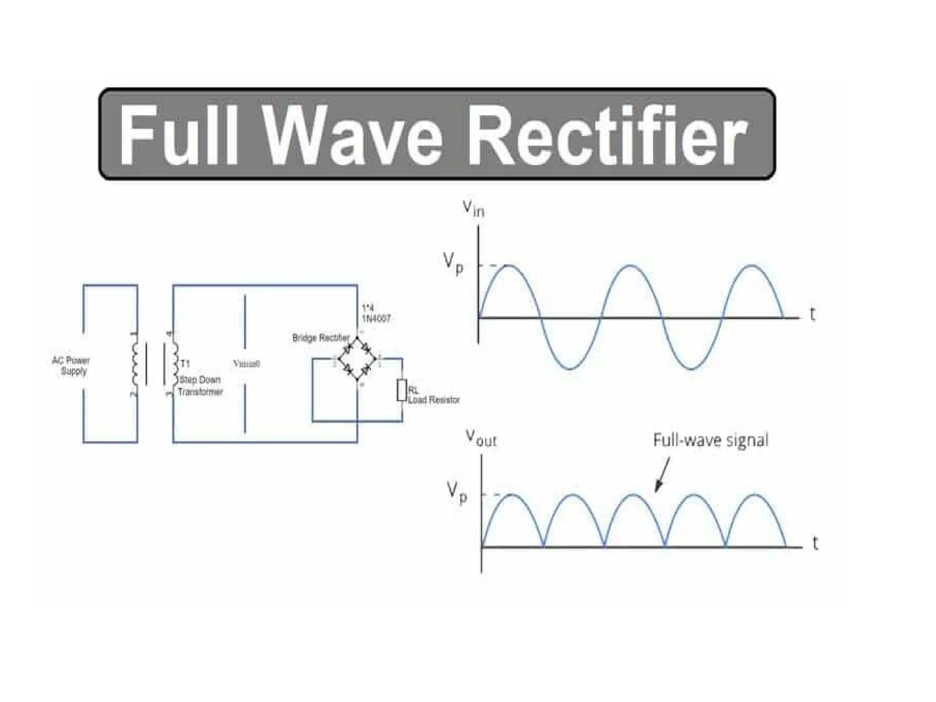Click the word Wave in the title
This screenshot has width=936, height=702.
353,135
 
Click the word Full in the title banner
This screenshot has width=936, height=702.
178,135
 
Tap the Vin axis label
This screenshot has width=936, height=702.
473,209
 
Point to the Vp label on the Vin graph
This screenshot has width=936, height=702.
453,264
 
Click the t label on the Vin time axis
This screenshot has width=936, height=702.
812,314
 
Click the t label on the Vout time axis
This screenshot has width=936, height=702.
815,543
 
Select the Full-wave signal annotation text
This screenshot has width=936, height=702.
710,440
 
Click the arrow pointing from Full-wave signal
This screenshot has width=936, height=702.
662,475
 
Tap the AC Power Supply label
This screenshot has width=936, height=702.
71,366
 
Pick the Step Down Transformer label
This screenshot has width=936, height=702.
200,386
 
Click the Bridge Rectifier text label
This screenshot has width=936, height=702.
321,338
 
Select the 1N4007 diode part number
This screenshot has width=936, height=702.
376,319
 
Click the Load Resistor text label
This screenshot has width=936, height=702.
434,400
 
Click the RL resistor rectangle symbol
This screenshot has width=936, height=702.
401,390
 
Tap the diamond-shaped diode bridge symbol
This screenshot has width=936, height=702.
357,359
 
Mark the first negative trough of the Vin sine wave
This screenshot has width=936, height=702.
570,368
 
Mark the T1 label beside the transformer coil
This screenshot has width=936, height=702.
185,364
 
